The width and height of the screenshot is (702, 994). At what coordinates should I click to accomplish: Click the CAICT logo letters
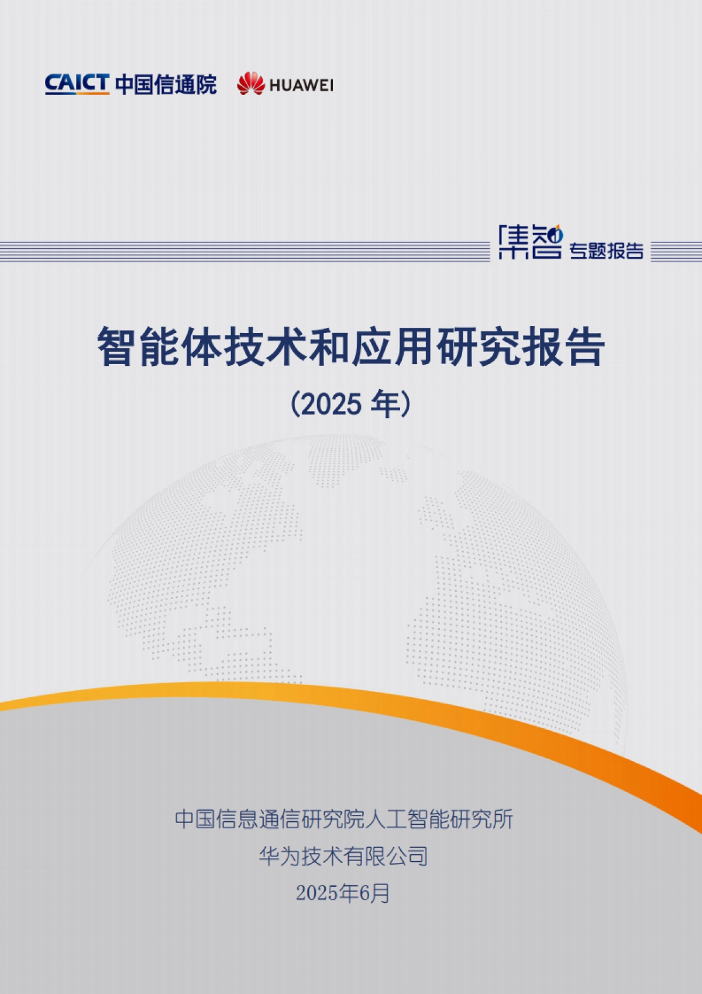77,84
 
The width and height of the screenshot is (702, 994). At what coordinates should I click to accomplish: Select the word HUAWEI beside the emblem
301,85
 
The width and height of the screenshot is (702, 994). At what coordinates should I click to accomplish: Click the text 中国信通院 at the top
166,85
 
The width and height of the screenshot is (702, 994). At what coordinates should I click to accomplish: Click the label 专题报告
607,251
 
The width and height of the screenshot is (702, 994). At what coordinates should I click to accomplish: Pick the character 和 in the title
330,347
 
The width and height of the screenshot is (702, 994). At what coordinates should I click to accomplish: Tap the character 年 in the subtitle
385,404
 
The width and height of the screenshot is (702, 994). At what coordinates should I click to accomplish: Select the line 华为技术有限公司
343,856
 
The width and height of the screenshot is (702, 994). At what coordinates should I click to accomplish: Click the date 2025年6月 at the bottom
343,893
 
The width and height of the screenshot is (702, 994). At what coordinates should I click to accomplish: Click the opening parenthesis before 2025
295,404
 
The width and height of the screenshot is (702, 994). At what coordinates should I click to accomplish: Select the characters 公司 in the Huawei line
407,856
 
